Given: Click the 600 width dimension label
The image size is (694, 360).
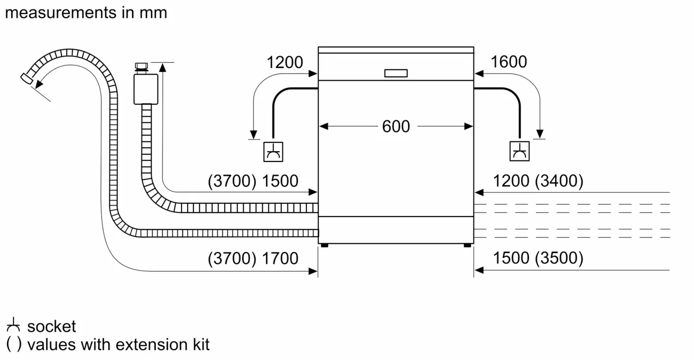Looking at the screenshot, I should pos(396,126).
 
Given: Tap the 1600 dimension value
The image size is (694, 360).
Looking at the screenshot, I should pos(508,62).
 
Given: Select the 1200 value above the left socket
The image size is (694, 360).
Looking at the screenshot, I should pos(284,63).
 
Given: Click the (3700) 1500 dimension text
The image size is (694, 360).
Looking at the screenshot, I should pos(253,181).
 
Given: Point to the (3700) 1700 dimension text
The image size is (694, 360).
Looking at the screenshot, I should pos(253,258).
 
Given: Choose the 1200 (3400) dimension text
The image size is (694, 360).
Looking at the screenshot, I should pos(538,181).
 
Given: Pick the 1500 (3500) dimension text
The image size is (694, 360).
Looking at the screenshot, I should pos(538,258).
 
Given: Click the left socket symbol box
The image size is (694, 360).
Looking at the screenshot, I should pos(273,151).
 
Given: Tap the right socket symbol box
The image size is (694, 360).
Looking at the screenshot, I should pos(519,151).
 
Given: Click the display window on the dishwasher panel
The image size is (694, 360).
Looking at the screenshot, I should pos(396,74).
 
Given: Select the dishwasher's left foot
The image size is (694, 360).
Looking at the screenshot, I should pos(324,245).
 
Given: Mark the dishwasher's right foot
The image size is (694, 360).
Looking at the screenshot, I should pos(467,245).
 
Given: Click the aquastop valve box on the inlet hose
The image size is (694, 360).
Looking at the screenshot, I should pos(145,88).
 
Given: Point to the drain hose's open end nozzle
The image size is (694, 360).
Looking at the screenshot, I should pos(26,77).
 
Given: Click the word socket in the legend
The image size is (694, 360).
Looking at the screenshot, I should pos(51,326).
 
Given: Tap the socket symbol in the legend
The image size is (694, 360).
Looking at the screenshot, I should pos(13,326).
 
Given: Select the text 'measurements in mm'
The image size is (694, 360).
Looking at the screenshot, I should pos(86,12).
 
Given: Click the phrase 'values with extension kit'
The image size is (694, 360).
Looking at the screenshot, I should pos(118,344).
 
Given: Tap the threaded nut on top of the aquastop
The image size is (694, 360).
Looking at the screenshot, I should pos(140,66).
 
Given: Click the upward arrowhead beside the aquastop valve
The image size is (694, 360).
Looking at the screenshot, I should pos(163,66).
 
